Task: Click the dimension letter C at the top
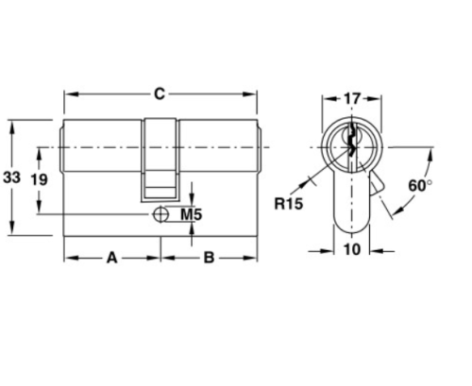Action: (160, 92)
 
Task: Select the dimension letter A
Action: (111, 257)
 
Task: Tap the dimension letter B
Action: (210, 257)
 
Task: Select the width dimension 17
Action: (351, 97)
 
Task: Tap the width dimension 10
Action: (351, 249)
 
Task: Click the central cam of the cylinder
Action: (160, 156)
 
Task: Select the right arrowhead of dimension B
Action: (253, 257)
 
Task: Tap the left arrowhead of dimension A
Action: (68, 257)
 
